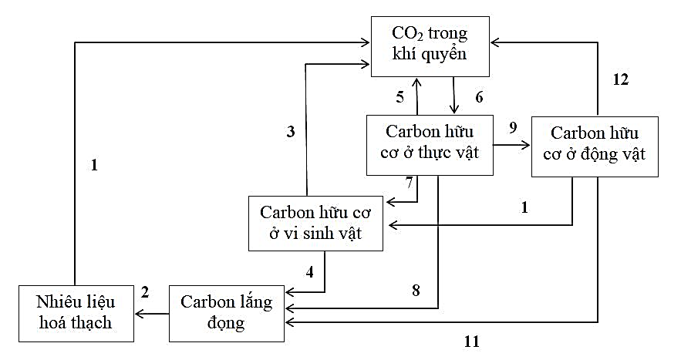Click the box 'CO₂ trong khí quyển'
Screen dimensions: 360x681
430,45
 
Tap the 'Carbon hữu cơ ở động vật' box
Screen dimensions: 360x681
595,146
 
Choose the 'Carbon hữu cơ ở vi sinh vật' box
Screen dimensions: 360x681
316,223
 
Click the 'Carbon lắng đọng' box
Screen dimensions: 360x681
227,312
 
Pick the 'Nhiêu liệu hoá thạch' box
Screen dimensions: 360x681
75,312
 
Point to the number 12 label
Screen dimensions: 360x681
621,80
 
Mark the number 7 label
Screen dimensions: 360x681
410,182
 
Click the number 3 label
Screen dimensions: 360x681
290,131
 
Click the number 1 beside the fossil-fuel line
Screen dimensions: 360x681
94,164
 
